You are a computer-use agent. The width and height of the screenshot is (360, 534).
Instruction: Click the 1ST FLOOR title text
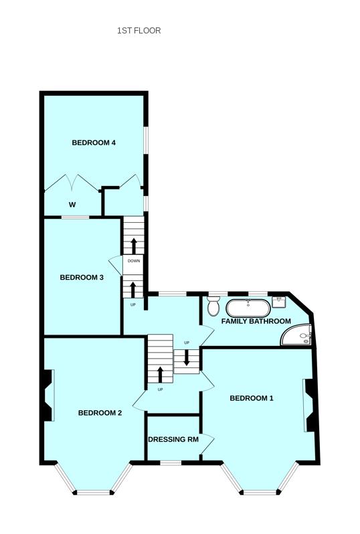139,31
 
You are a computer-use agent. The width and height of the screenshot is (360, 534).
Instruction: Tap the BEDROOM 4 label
94,143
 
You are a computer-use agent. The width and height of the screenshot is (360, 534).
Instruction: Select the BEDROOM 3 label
82,278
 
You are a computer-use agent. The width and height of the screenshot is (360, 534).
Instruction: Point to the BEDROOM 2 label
100,413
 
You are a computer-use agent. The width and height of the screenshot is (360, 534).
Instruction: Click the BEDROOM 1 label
252,398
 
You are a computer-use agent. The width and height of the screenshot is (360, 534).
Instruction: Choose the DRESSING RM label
173,440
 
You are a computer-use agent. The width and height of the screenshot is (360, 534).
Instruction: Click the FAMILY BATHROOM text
256,321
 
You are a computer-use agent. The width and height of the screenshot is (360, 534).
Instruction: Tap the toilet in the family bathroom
213,306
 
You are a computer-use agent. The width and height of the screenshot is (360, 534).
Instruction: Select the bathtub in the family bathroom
248,308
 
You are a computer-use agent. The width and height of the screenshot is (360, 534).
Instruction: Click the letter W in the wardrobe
72,205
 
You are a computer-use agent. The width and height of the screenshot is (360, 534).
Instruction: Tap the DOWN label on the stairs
134,261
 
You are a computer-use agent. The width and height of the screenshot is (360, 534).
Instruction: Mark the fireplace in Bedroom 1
310,406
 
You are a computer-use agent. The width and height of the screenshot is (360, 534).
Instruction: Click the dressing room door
208,442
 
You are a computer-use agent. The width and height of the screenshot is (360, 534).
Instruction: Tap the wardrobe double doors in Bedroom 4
74,182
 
